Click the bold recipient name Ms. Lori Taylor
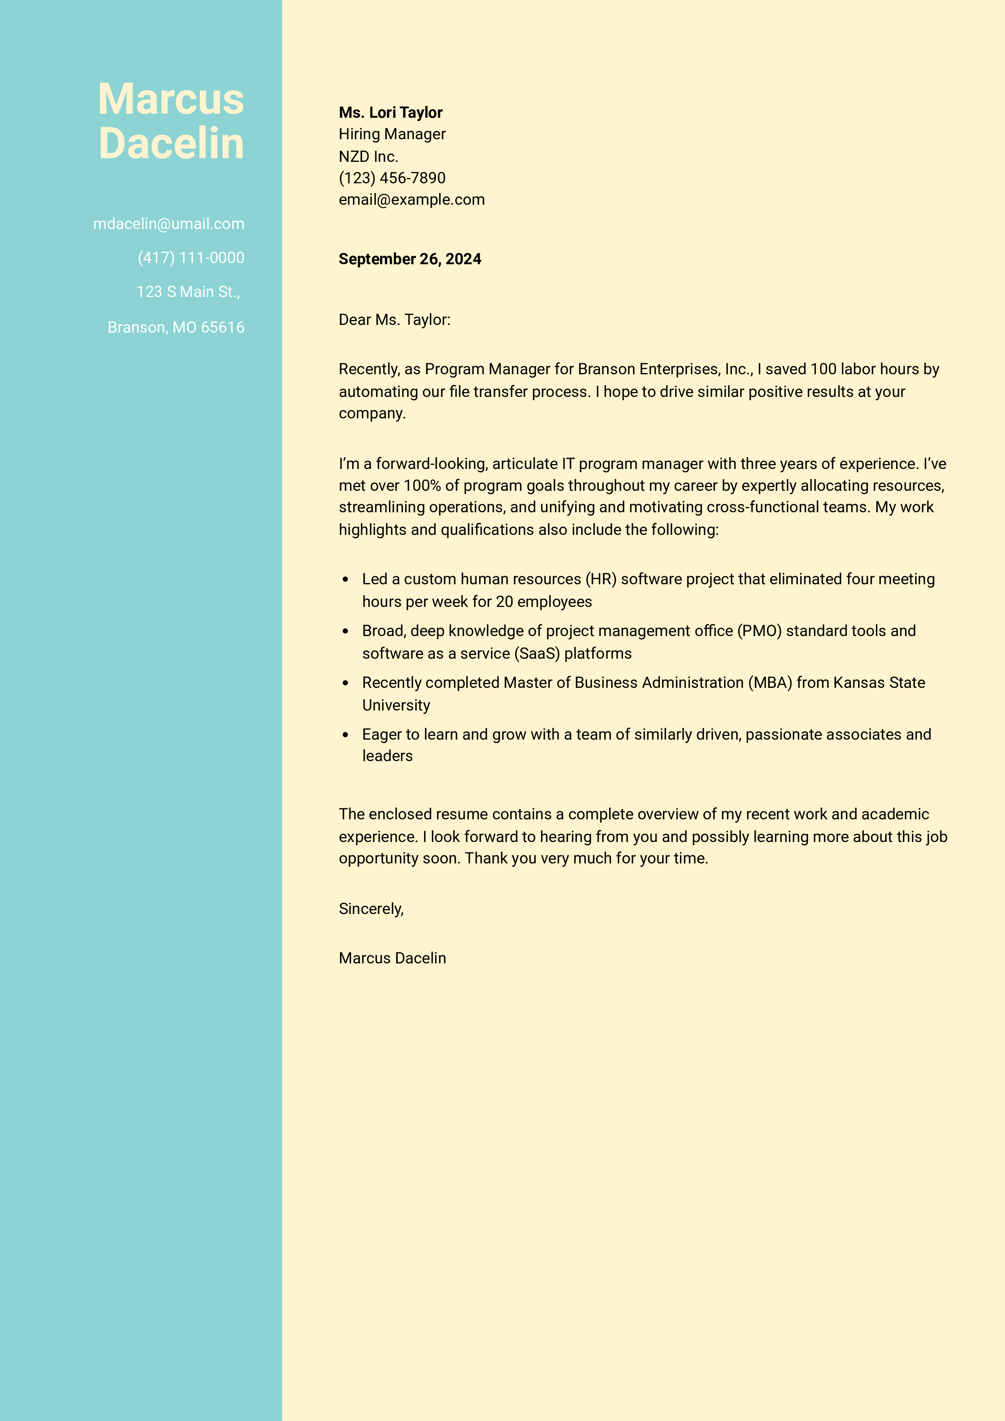pos(390,112)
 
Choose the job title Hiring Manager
pos(392,134)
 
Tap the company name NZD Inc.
pos(368,157)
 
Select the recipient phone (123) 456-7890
pos(392,178)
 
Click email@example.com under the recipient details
pos(411,200)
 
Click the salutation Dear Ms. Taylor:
pos(395,320)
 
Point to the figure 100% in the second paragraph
pos(422,486)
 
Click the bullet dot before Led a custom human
pos(346,580)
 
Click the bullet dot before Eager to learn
pos(346,735)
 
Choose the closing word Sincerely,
pos(371,909)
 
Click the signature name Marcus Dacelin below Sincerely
pos(392,959)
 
